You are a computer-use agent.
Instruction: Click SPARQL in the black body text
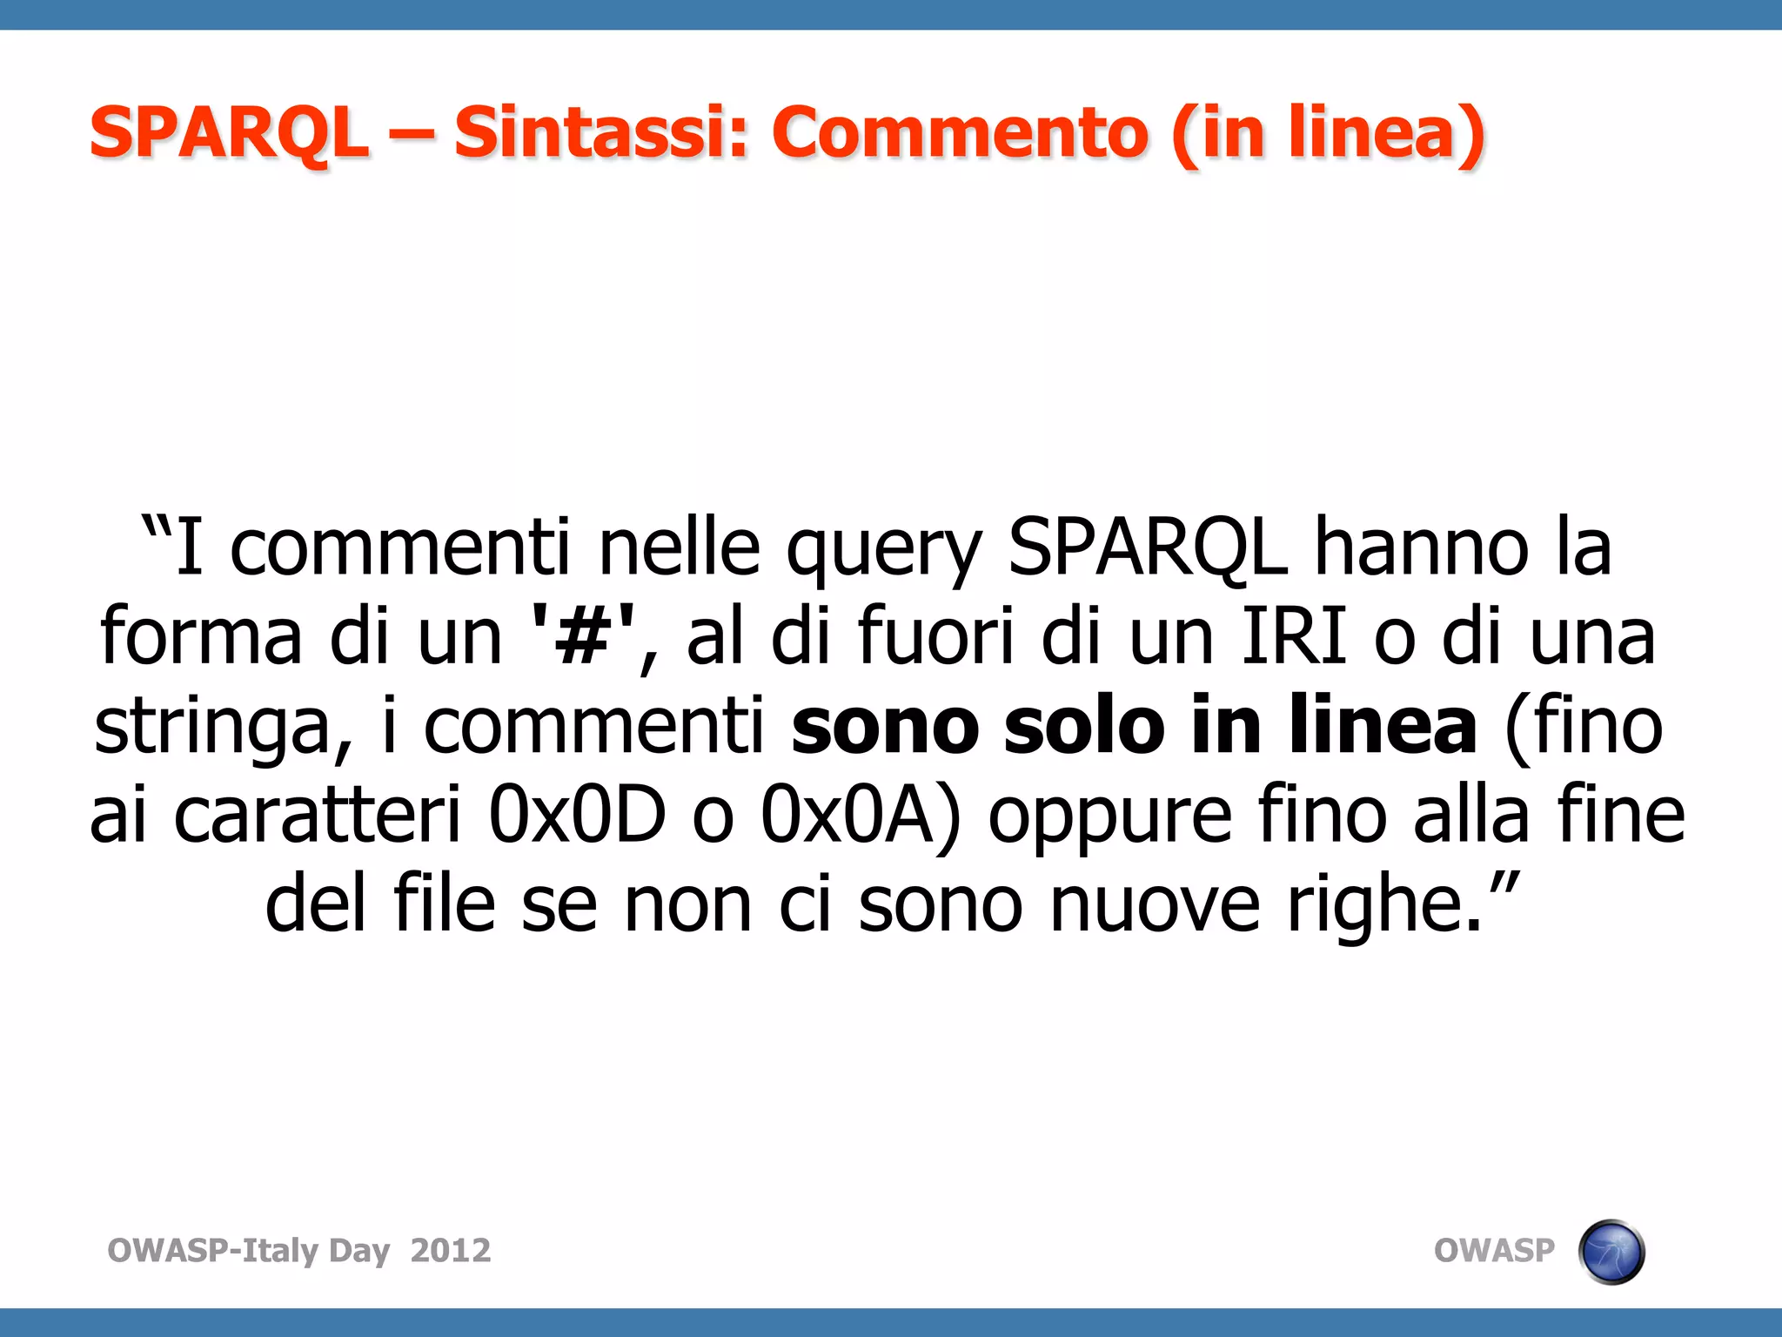pos(1147,548)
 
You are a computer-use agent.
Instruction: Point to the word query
pos(884,552)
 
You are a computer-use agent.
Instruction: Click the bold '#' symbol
pos(582,637)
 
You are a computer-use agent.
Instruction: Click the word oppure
pos(1109,820)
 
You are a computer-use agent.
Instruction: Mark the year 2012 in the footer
pos(451,1250)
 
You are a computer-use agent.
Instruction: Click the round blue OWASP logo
pos(1611,1252)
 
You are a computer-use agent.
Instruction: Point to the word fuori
pos(935,637)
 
